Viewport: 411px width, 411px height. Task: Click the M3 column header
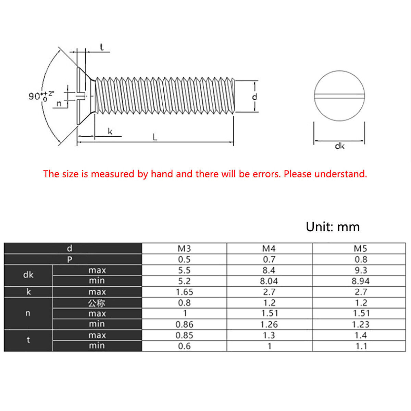click(x=184, y=248)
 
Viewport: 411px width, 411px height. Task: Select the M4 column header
click(x=269, y=248)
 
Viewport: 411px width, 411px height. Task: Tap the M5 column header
click(x=360, y=248)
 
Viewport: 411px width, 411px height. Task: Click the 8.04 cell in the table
click(x=269, y=281)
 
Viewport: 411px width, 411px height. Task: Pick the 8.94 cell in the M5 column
click(x=360, y=281)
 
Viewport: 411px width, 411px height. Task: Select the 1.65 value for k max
click(x=184, y=292)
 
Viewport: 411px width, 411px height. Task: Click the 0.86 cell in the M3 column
click(x=184, y=324)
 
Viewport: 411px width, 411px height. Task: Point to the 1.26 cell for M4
click(x=269, y=324)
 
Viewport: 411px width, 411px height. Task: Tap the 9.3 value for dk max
click(x=360, y=270)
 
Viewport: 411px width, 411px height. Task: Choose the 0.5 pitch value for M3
click(x=184, y=259)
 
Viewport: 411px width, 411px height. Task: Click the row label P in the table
click(x=70, y=259)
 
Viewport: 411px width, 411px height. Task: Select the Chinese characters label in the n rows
click(x=97, y=303)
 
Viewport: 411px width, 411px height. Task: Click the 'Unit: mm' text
click(x=333, y=227)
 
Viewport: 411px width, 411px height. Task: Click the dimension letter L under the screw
click(x=155, y=137)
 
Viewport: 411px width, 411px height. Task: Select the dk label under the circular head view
click(x=339, y=146)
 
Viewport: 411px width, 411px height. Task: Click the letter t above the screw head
click(x=102, y=47)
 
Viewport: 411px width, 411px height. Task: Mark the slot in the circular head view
click(x=339, y=96)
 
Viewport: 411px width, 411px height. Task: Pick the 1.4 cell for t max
click(x=360, y=335)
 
